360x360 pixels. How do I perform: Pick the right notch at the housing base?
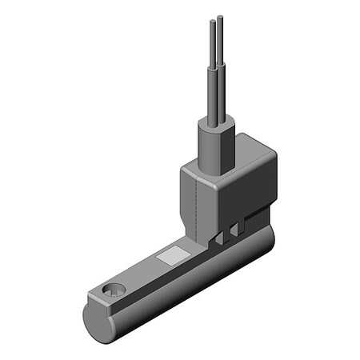(x=234, y=231)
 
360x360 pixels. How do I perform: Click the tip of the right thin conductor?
(x=218, y=15)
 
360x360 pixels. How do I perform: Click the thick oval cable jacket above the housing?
(x=214, y=148)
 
